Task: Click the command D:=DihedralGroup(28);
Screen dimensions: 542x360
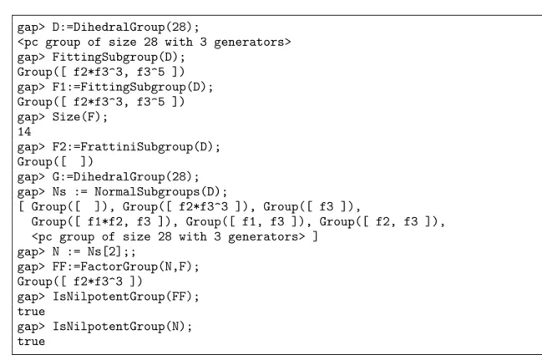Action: coord(125,27)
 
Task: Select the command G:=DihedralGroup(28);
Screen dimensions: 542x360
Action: coord(125,177)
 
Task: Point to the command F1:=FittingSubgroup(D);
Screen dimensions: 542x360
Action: coord(133,87)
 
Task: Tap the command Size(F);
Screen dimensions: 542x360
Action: coord(80,117)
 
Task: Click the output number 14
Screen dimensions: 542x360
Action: coord(24,132)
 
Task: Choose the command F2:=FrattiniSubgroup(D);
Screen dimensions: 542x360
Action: coord(136,147)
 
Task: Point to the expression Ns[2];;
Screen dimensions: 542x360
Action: coord(111,251)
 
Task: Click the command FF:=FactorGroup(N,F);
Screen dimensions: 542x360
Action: coord(125,266)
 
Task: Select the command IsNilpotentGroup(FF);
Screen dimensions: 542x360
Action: coord(125,297)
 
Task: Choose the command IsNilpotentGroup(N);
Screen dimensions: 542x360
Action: coord(122,327)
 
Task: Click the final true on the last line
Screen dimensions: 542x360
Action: coord(31,342)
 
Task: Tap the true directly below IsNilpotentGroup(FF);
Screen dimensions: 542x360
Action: coord(31,312)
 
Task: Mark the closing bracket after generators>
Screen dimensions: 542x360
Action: coord(315,237)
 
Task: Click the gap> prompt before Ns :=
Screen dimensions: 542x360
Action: coord(31,192)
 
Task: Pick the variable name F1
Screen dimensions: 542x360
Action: coord(59,87)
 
